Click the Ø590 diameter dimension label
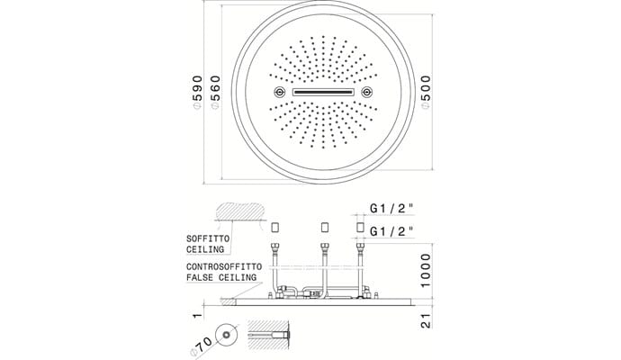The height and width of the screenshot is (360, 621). [x=197, y=93]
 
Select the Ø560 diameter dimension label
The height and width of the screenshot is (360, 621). [x=215, y=93]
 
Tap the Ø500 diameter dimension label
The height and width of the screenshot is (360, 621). [x=426, y=93]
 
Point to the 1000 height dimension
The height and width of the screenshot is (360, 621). [x=425, y=271]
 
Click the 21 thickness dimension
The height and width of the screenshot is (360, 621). [x=426, y=320]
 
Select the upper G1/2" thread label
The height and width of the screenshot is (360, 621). [x=391, y=208]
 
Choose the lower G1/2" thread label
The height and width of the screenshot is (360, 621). [x=391, y=231]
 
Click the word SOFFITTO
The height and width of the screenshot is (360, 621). [x=208, y=238]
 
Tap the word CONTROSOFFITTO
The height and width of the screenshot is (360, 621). [x=224, y=266]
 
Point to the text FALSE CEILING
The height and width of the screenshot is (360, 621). [x=221, y=277]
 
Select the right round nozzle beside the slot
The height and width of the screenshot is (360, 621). [x=366, y=93]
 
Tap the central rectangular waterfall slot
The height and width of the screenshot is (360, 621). [x=323, y=93]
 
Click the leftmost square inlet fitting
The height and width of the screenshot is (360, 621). [x=275, y=228]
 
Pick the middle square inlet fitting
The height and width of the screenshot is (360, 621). [x=325, y=228]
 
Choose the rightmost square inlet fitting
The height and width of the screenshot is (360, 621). [x=360, y=228]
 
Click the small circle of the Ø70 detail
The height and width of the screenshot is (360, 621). [x=227, y=335]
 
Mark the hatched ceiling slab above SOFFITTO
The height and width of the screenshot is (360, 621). [x=239, y=211]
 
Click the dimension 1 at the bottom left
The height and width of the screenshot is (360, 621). [x=197, y=316]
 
